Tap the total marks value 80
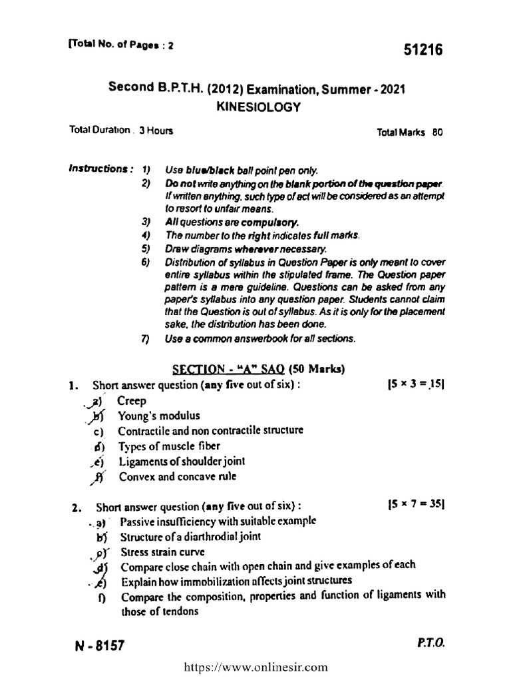coord(437,132)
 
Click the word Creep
coord(132,400)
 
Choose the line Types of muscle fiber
coord(169,446)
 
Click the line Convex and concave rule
coord(177,476)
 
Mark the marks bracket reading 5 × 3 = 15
coord(415,384)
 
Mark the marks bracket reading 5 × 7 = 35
coord(415,505)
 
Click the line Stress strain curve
coord(163,551)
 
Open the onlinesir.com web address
coord(255,666)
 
